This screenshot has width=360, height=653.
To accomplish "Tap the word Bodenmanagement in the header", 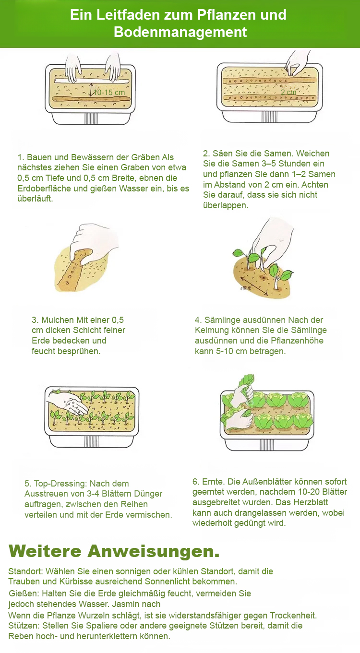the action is tap(180, 32).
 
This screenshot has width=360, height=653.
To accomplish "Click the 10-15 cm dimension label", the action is tap(109, 93).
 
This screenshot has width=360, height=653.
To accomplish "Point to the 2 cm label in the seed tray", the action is tap(288, 92).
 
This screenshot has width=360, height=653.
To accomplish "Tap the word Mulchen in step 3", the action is tap(58, 320).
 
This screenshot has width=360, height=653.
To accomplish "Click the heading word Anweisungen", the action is tap(154, 552).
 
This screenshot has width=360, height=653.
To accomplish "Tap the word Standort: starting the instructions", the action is tap(25, 571).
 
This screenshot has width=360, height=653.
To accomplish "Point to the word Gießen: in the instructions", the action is tap(24, 594).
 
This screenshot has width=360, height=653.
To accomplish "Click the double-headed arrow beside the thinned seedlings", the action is tap(255, 286).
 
